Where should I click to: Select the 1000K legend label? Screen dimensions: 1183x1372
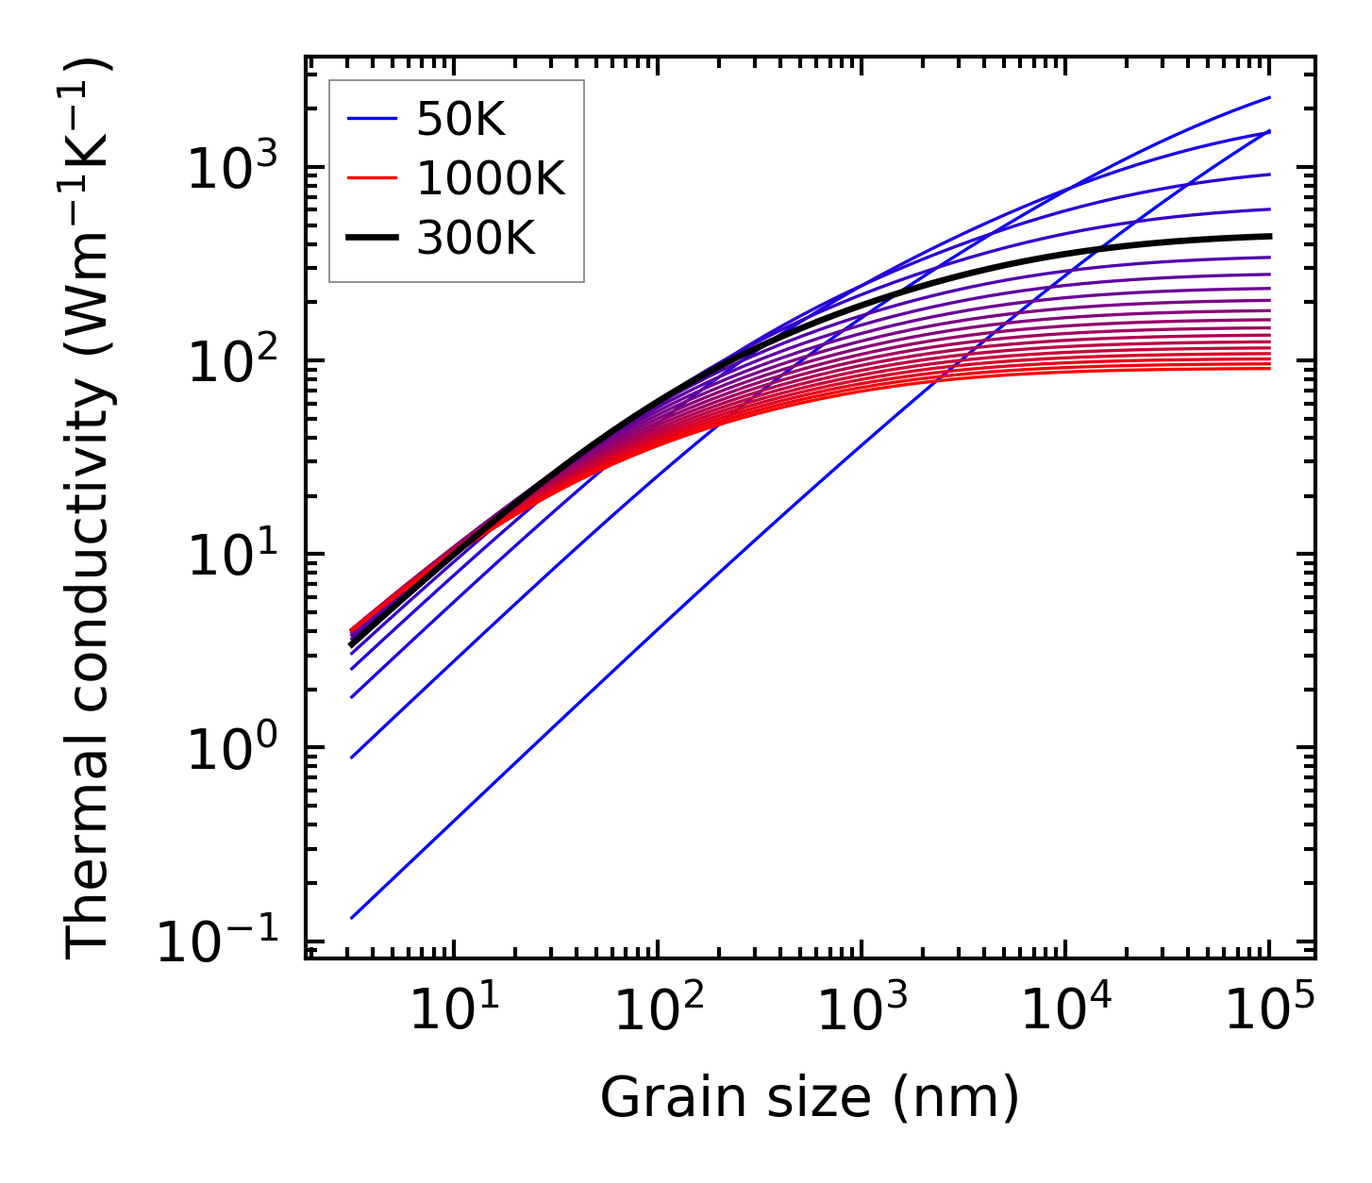491,178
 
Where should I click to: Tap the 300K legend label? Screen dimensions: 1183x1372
476,239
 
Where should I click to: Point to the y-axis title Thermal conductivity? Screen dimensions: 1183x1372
89,509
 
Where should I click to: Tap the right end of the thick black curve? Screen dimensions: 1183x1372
1270,236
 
